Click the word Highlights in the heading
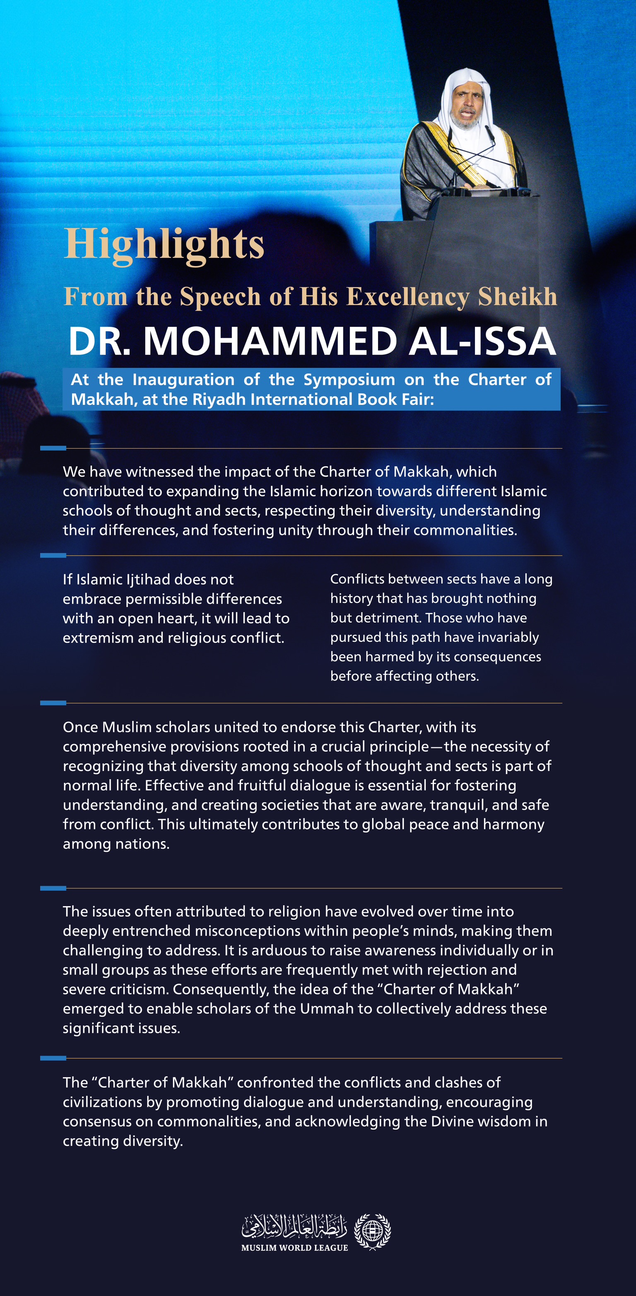[x=164, y=244]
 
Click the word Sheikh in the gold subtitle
[x=517, y=296]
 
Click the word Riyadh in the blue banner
[x=219, y=399]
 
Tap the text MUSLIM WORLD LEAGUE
[x=295, y=1248]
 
